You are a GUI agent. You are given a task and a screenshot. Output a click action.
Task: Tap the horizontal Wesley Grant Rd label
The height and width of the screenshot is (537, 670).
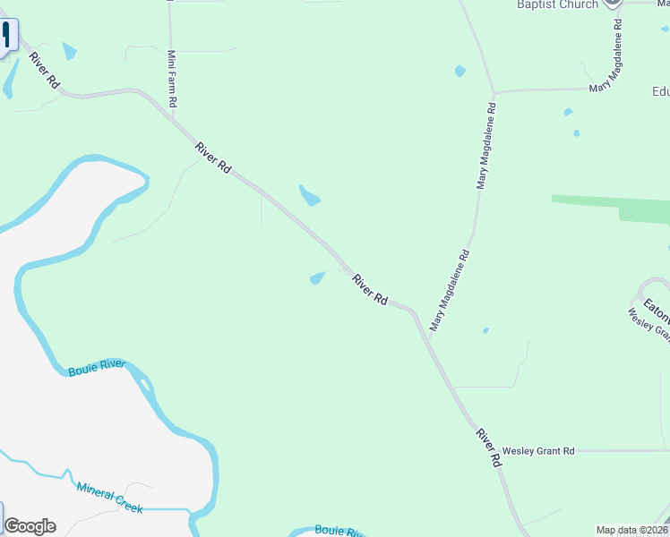point(537,451)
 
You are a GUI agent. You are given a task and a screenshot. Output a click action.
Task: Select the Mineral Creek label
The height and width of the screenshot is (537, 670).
point(109,498)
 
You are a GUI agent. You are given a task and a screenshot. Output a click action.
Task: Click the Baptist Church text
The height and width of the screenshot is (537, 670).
point(557,5)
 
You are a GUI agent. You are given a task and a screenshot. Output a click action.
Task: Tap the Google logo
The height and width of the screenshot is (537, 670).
point(30,526)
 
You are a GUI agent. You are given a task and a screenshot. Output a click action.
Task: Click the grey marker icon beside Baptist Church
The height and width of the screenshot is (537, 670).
point(613,3)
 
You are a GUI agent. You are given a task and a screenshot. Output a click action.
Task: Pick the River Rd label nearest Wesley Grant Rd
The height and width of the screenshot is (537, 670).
point(488,449)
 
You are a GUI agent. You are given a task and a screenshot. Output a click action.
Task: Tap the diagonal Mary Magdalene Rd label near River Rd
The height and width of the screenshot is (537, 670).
point(450,291)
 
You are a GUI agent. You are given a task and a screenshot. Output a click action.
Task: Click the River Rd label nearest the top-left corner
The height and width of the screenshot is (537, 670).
point(43,70)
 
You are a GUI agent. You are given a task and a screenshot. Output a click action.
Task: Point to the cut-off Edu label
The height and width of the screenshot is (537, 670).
point(661,91)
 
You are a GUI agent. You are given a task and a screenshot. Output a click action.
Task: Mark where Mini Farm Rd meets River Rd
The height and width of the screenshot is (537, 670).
point(171,116)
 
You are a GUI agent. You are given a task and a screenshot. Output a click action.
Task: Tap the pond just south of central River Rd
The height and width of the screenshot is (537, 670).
point(317,278)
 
